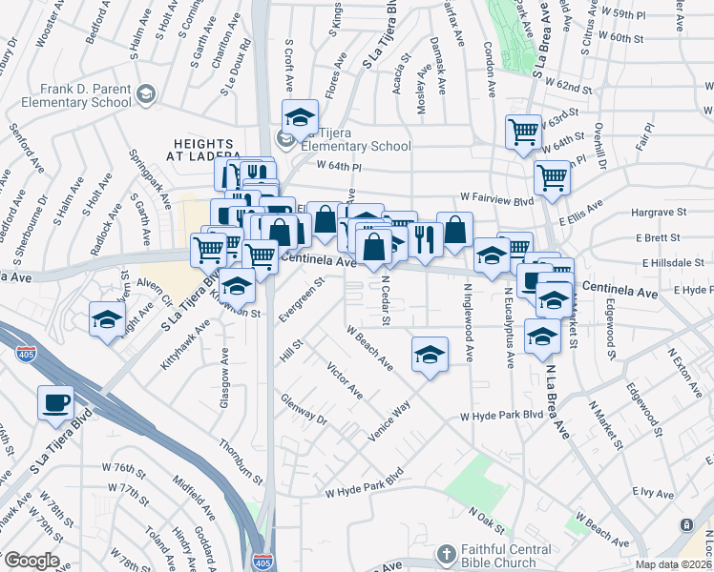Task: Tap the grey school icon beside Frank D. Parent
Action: pyautogui.click(x=145, y=93)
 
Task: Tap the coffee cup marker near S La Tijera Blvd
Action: pyautogui.click(x=55, y=400)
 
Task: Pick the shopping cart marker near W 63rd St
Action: pyautogui.click(x=523, y=132)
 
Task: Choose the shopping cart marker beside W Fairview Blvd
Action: pyautogui.click(x=552, y=176)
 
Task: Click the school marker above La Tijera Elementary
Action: pyautogui.click(x=301, y=116)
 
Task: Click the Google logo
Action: pyautogui.click(x=31, y=561)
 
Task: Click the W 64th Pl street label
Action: pyautogui.click(x=342, y=168)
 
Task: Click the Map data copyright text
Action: pyautogui.click(x=673, y=564)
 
